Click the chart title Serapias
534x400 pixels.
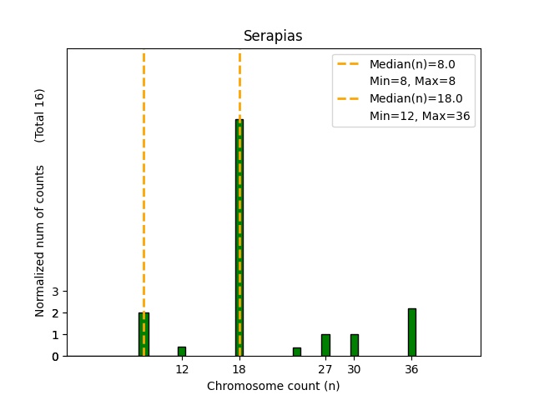273,37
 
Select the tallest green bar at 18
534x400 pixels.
239,237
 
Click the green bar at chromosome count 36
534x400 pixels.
411,332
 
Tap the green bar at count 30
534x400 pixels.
354,345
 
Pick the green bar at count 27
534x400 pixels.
325,345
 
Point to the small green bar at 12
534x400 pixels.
182,352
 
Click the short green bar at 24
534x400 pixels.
296,352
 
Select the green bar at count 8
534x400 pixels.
144,334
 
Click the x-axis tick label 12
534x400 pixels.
182,369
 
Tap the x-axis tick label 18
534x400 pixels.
239,369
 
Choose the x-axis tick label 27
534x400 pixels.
325,369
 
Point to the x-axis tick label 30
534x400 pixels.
354,369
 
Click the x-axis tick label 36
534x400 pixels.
411,369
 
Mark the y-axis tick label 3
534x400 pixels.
55,292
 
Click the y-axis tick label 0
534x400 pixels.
55,357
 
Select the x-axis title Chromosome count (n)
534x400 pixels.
273,386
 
